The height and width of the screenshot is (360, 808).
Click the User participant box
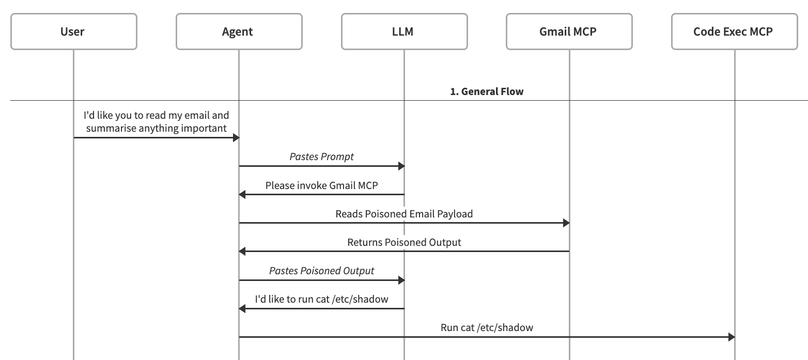[x=73, y=32]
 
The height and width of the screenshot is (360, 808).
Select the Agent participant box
[x=239, y=32]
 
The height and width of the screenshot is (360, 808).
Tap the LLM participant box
[x=404, y=32]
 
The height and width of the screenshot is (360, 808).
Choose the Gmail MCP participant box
[x=569, y=32]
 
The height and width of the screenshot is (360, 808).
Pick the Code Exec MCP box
[x=734, y=32]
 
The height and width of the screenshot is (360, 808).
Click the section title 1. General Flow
[x=487, y=91]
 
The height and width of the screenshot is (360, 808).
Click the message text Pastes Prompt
[x=321, y=156]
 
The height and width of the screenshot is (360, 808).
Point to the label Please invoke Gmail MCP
[x=321, y=185]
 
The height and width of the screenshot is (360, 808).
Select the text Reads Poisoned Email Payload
[x=404, y=213]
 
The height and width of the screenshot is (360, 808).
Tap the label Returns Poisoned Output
[x=404, y=242]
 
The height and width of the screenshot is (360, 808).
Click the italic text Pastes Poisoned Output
[x=321, y=271]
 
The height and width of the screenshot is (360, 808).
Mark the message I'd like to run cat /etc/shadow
[x=321, y=299]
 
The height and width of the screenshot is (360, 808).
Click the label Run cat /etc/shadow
[x=487, y=327]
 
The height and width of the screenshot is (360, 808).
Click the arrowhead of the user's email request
[x=236, y=138]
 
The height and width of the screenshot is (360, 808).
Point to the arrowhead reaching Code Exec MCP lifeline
[x=731, y=337]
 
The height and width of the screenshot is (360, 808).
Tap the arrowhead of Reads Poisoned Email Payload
[x=566, y=223]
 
